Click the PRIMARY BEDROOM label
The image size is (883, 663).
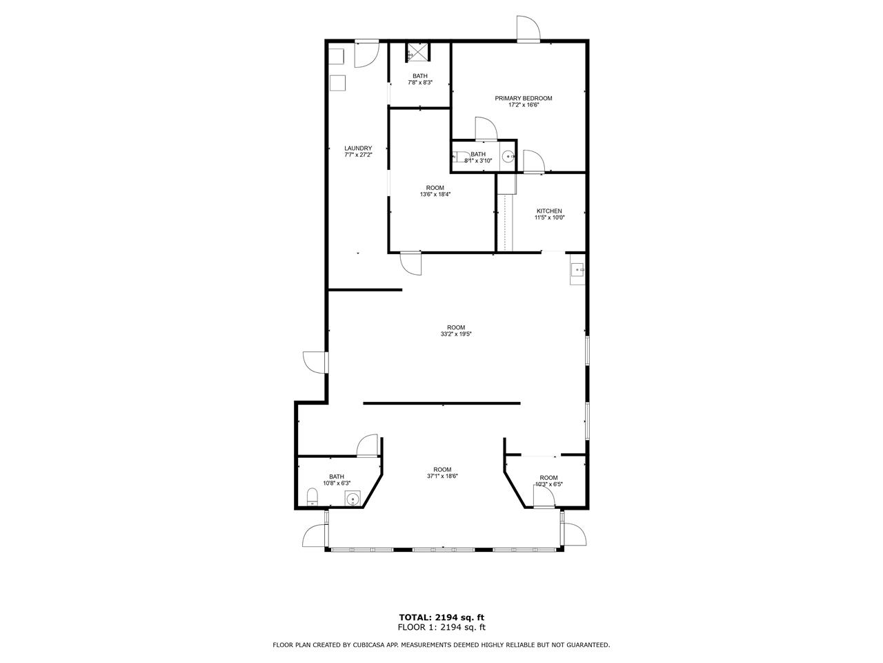[x=523, y=98]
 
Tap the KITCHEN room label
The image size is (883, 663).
[x=548, y=211]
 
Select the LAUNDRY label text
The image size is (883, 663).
[x=357, y=148]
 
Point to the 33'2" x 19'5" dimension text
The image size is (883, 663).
[x=455, y=334]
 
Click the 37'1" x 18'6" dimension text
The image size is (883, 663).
[x=442, y=476]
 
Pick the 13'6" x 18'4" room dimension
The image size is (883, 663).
[x=435, y=194]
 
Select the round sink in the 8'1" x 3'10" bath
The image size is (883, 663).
[x=508, y=156]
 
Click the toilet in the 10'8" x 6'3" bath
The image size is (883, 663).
[x=312, y=497]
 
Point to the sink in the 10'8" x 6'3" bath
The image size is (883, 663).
[x=353, y=499]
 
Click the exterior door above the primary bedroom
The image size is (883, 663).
[x=528, y=29]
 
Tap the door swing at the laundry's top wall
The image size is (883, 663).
[x=366, y=53]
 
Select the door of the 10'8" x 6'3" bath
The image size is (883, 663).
[x=368, y=445]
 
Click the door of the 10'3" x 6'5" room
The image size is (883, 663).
[x=544, y=498]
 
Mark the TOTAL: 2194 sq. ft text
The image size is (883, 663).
[x=441, y=617]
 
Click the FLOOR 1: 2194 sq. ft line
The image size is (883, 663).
[x=441, y=627]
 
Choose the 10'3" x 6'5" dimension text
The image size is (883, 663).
[x=548, y=484]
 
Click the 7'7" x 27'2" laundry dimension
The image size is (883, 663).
[x=357, y=155]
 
